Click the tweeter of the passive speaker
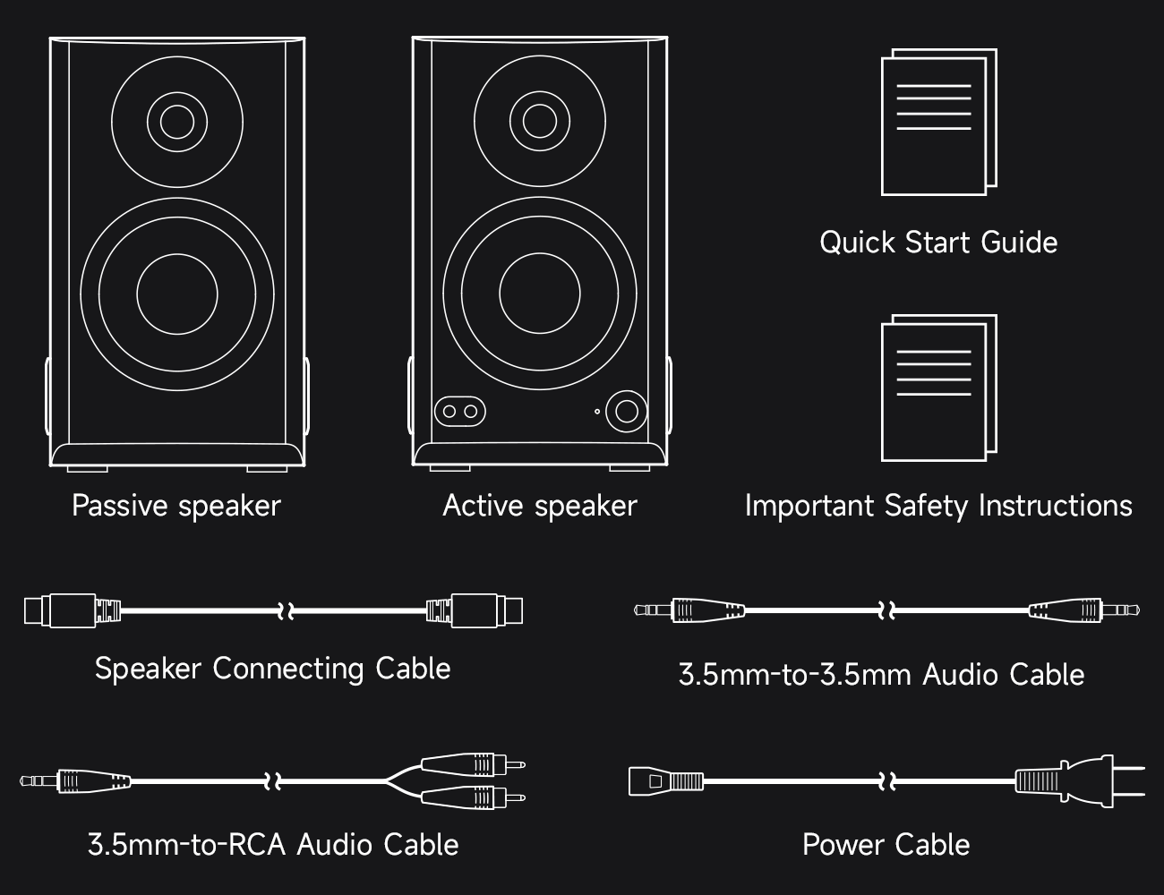pyautogui.click(x=177, y=122)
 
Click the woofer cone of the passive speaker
pyautogui.click(x=177, y=294)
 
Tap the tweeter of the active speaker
pyautogui.click(x=540, y=120)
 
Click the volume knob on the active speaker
pyautogui.click(x=626, y=411)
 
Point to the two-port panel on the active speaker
pyautogui.click(x=459, y=412)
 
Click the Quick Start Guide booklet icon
pyautogui.click(x=938, y=123)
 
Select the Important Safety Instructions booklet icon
pyautogui.click(x=938, y=388)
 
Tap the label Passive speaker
pyautogui.click(x=176, y=506)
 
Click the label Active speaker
pyautogui.click(x=539, y=506)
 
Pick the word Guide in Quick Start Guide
pyautogui.click(x=1019, y=243)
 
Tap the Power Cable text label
pyautogui.click(x=886, y=845)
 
